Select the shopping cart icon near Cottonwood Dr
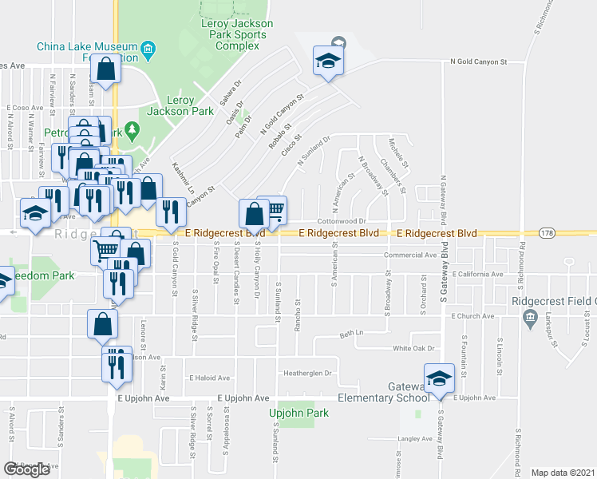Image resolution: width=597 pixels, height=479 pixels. click(x=272, y=210)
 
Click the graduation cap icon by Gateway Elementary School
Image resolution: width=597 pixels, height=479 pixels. click(x=438, y=378)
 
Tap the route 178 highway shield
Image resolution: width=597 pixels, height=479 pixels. click(x=546, y=233)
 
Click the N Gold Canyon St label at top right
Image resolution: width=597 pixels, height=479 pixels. click(x=479, y=61)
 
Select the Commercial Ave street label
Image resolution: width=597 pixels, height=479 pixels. click(x=410, y=255)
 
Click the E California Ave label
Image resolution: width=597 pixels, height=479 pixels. click(x=476, y=274)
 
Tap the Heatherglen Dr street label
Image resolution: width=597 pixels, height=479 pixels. click(x=306, y=373)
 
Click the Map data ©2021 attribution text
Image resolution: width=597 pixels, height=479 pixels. click(x=563, y=473)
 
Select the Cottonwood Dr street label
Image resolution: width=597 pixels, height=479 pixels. click(x=341, y=221)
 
